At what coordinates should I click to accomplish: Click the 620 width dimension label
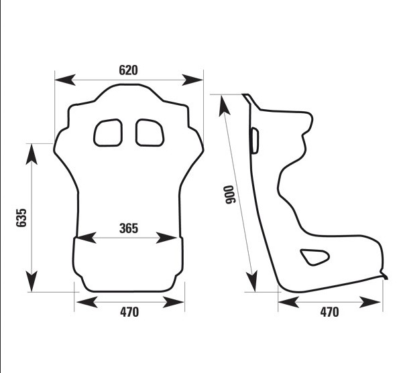pyautogui.click(x=128, y=70)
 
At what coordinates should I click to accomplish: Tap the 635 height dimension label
pyautogui.click(x=21, y=218)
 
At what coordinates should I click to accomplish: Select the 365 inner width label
pyautogui.click(x=129, y=228)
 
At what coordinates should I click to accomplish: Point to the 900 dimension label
pyautogui.click(x=230, y=195)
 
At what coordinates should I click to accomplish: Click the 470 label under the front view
pyautogui.click(x=129, y=312)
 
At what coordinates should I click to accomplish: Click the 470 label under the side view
pyautogui.click(x=329, y=312)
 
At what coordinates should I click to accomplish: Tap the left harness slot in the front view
pyautogui.click(x=108, y=133)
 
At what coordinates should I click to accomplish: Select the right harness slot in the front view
pyautogui.click(x=150, y=133)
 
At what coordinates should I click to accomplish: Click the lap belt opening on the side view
pyautogui.click(x=315, y=257)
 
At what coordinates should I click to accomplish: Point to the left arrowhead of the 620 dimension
pyautogui.click(x=65, y=80)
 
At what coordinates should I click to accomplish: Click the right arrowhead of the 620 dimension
pyautogui.click(x=192, y=80)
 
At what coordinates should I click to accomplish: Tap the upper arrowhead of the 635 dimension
pyautogui.click(x=32, y=154)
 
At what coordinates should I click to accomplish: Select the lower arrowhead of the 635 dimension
pyautogui.click(x=32, y=281)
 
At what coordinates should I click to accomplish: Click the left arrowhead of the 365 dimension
pyautogui.click(x=86, y=238)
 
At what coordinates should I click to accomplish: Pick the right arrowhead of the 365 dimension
pyautogui.click(x=166, y=238)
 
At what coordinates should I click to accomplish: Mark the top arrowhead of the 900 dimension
pyautogui.click(x=224, y=106)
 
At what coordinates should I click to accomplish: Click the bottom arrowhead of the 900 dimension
pyautogui.click(x=252, y=281)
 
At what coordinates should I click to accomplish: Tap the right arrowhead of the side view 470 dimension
pyautogui.click(x=370, y=302)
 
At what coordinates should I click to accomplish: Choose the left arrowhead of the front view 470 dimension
pyautogui.click(x=87, y=302)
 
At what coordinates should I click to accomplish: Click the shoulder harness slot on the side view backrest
pyautogui.click(x=255, y=141)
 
